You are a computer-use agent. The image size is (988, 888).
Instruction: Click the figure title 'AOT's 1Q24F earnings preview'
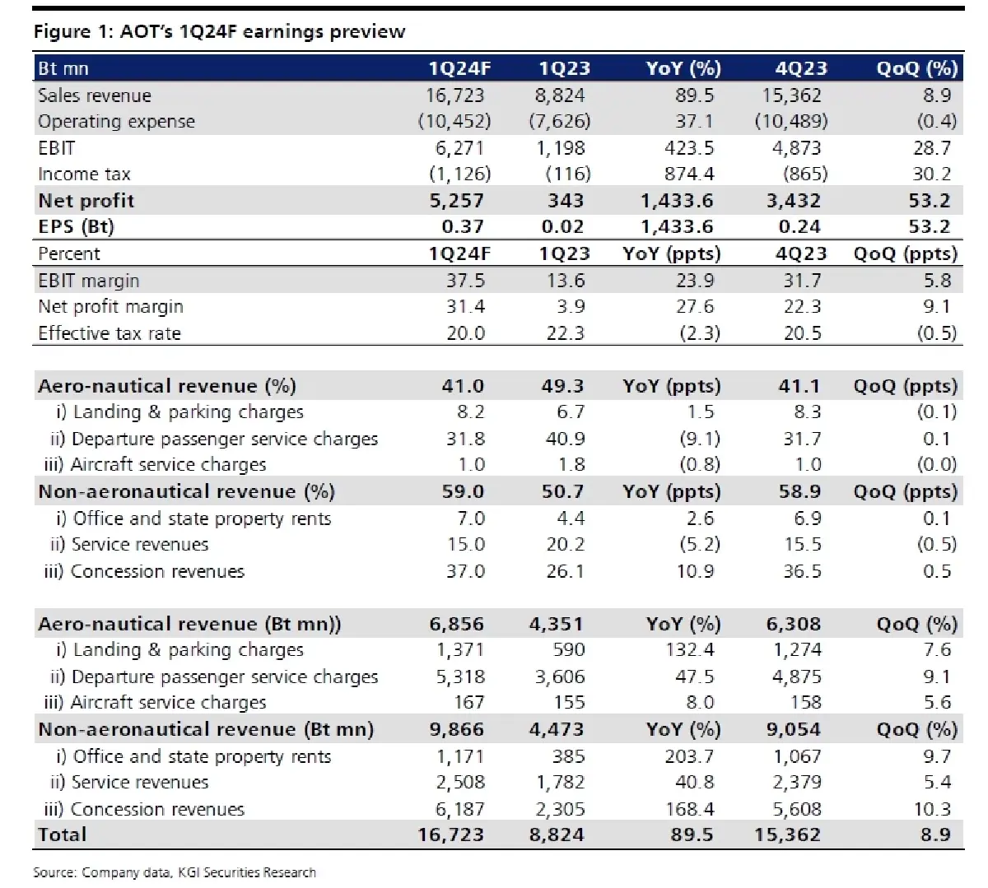click(x=262, y=32)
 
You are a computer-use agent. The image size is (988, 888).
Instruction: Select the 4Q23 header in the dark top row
click(x=800, y=68)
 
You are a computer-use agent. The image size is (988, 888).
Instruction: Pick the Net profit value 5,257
click(x=456, y=201)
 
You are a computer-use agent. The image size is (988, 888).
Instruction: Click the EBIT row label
click(x=57, y=148)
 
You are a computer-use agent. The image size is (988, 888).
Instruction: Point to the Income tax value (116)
click(x=567, y=174)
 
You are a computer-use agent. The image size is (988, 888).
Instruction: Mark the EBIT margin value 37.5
click(x=465, y=281)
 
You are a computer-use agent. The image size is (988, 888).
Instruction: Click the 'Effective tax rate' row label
click(x=110, y=333)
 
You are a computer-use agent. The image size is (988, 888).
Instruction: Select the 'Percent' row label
click(x=69, y=253)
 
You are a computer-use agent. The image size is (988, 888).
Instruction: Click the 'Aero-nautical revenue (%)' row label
click(x=167, y=386)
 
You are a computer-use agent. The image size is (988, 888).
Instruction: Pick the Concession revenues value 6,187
click(x=459, y=809)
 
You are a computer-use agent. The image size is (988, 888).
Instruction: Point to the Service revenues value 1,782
click(x=559, y=783)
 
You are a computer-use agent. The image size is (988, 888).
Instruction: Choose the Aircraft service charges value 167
click(x=468, y=703)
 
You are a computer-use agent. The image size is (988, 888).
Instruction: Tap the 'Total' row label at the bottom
click(x=63, y=835)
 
